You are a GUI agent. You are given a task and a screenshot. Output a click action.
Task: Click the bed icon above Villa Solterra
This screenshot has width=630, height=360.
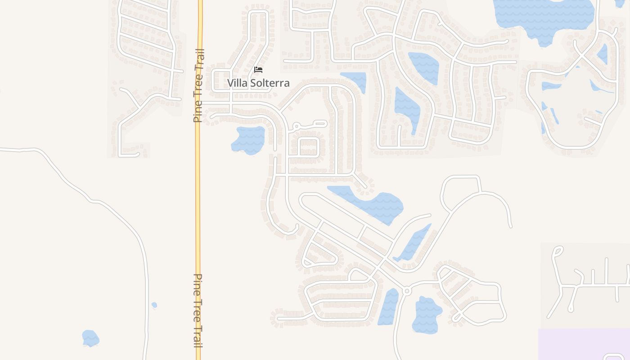point(258,70)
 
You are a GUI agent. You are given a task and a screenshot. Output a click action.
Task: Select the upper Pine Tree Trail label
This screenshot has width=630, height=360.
point(198,85)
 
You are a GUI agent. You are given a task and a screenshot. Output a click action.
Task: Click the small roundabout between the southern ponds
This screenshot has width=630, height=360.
point(407,291)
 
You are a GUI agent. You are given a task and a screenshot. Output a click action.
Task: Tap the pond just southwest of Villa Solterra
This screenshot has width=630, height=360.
point(248,139)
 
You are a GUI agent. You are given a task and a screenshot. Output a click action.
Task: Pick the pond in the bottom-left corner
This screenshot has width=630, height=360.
point(90,338)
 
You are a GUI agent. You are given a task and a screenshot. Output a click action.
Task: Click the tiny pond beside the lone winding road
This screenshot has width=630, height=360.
point(154,305)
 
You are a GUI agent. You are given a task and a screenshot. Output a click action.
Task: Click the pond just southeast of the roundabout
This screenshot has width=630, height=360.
point(427,315)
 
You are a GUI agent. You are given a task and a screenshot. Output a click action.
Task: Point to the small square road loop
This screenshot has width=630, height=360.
point(309,147)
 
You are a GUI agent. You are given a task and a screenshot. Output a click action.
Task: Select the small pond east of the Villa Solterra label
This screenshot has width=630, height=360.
point(355,80)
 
